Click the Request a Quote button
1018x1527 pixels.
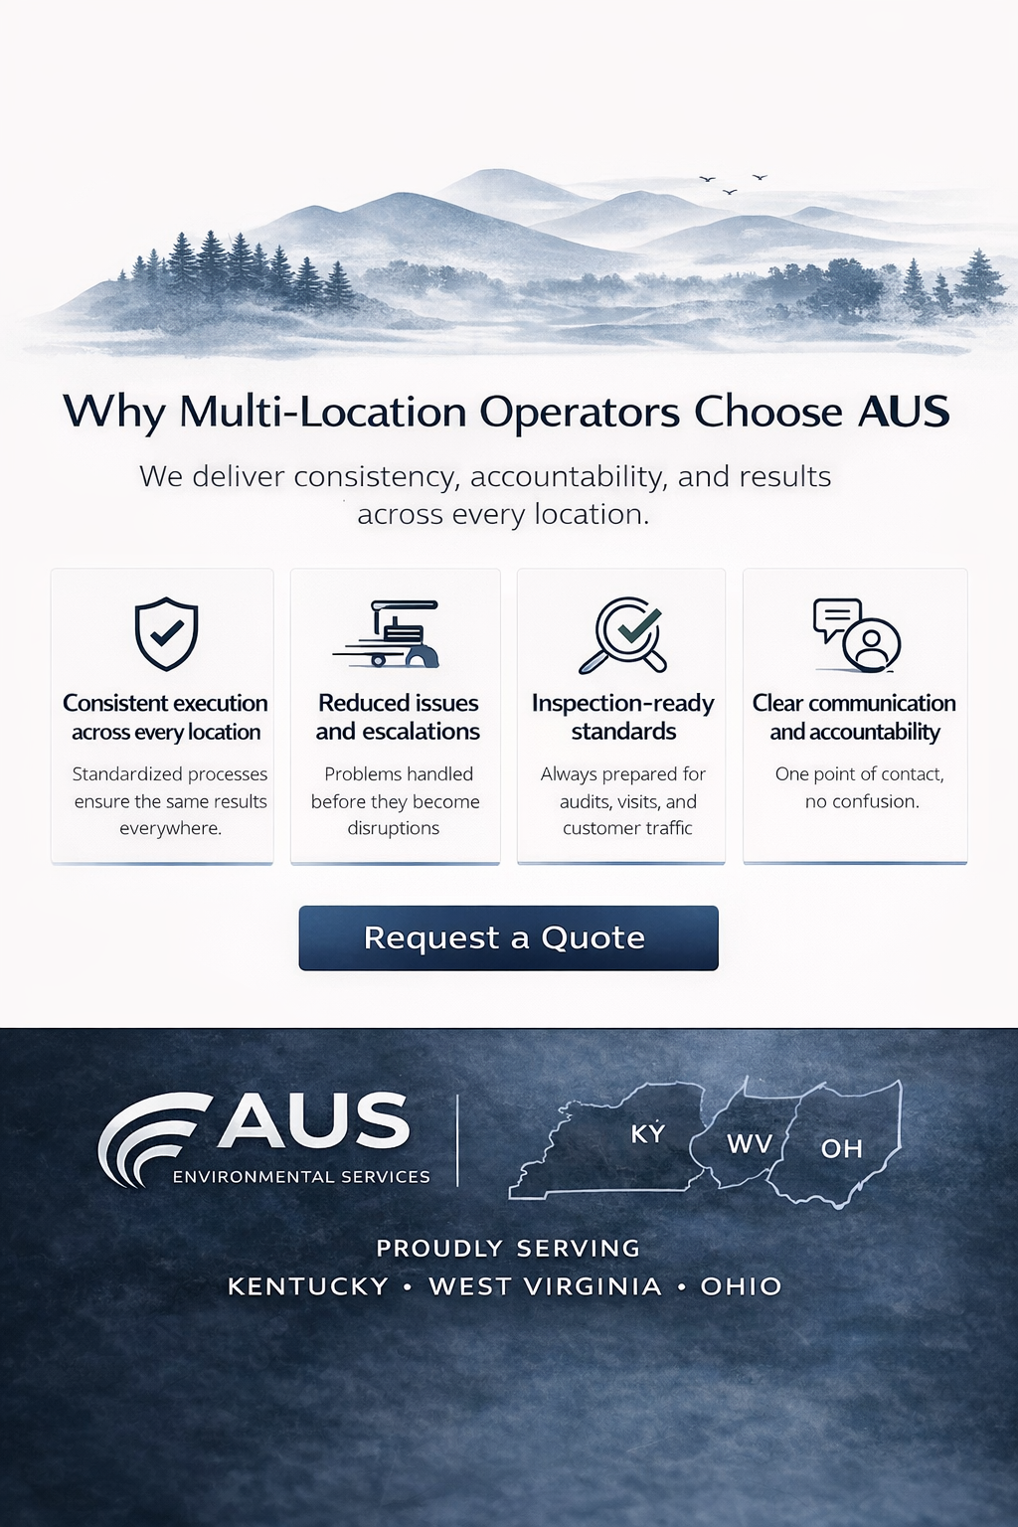508,937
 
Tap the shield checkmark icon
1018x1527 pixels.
166,633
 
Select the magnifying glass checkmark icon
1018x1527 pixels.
623,634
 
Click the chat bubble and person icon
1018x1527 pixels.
857,635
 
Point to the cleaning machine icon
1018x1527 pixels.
391,633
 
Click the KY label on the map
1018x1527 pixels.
648,1133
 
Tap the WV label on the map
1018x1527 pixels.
750,1144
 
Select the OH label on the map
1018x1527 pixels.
841,1149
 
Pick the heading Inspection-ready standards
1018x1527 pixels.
622,717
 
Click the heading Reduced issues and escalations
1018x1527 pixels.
398,717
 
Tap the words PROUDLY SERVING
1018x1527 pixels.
508,1249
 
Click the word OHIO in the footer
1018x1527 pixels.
741,1286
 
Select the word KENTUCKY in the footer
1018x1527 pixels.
308,1286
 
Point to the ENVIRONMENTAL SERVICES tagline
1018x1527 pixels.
301,1177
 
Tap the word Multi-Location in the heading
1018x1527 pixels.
323,412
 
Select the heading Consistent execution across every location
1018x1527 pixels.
165,717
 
